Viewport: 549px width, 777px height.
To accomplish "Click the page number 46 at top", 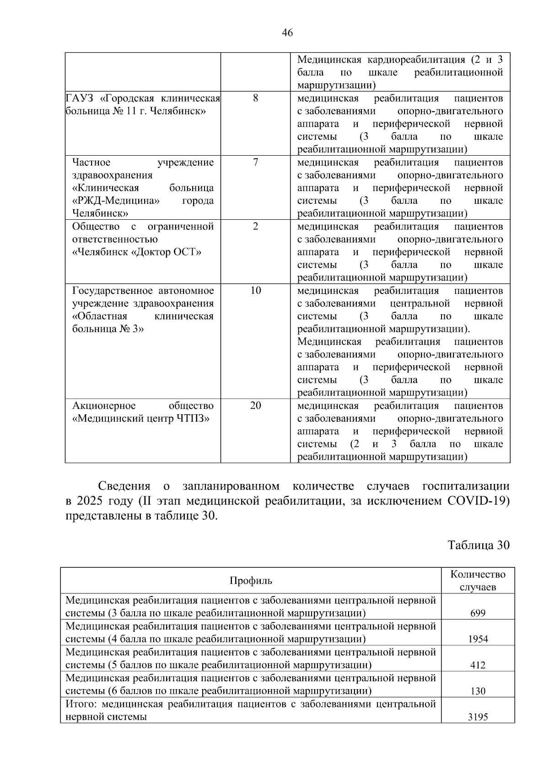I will tap(288, 33).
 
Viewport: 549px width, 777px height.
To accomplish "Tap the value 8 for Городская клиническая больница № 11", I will tap(255, 98).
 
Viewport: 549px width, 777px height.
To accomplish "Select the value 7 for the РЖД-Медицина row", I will tap(255, 162).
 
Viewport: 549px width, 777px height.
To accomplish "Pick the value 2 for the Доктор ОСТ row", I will tap(255, 226).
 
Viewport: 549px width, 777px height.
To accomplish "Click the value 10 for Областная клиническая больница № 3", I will tap(255, 290).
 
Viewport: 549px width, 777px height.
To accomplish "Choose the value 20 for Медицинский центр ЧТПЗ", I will tap(255, 405).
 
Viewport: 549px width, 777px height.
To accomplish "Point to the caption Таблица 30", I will tap(478, 545).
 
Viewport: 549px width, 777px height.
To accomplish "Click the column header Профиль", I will tap(251, 581).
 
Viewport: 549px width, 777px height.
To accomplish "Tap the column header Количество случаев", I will tap(478, 581).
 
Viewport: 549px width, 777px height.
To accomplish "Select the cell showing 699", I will tap(478, 613).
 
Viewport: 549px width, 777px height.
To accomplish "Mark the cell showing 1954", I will tap(478, 639).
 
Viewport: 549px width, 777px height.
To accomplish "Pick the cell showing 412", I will tap(478, 665).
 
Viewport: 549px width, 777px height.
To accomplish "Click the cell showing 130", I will tap(478, 691).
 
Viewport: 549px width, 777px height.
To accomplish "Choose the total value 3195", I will tap(478, 717).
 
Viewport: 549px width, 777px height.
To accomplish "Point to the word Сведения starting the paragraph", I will tap(124, 486).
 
